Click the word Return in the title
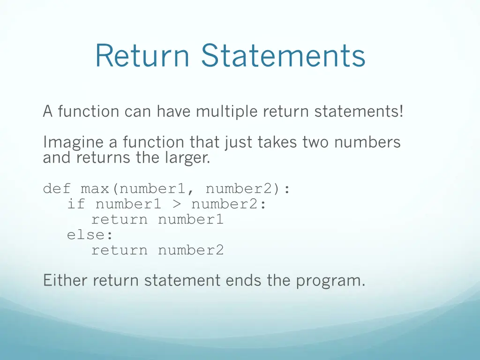tap(142, 55)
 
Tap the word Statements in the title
tap(283, 55)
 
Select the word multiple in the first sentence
tap(227, 112)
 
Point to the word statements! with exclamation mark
tap(359, 112)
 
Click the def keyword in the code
tap(57, 189)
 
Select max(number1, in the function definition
tap(138, 189)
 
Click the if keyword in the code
tap(76, 204)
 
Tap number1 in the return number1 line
tap(191, 219)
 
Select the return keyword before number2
tap(119, 250)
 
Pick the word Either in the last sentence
tap(66, 281)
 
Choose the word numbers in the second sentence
tap(367, 142)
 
